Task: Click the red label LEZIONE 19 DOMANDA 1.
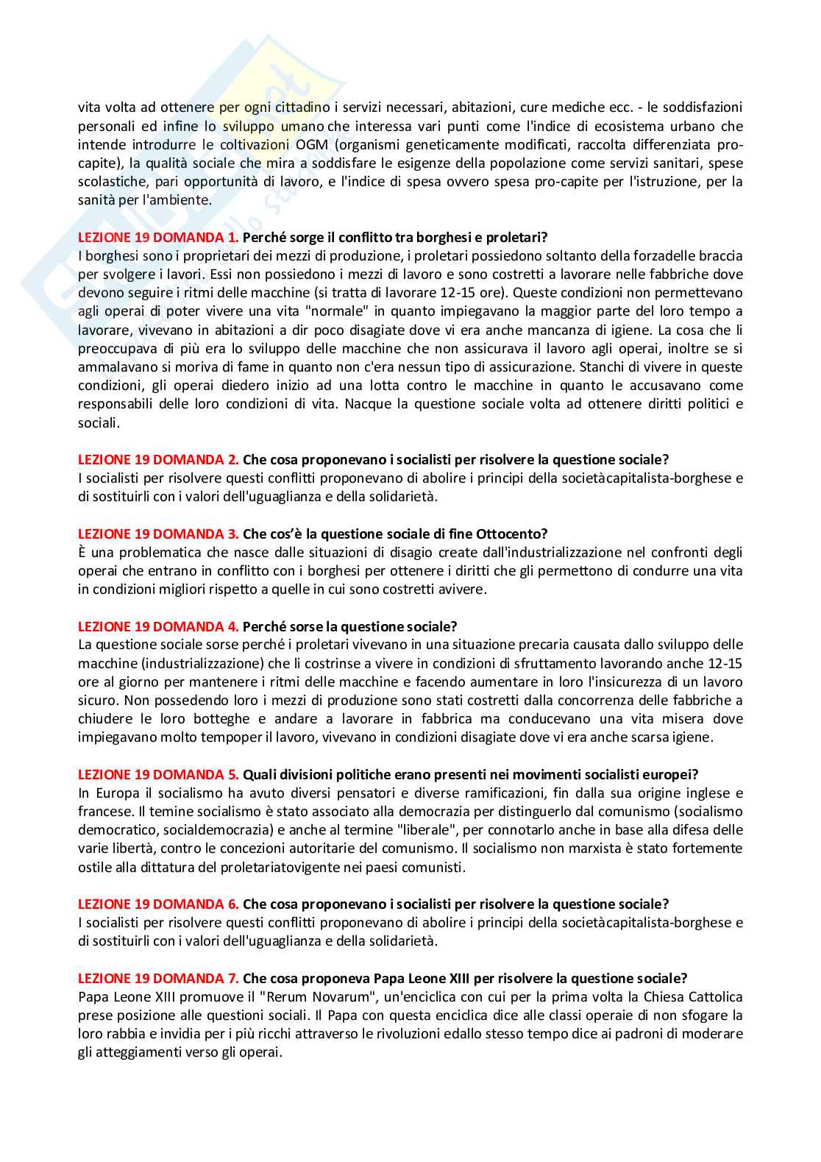tap(158, 237)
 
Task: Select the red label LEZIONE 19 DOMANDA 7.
tap(158, 978)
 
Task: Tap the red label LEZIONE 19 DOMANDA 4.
tap(158, 626)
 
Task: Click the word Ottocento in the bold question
tap(512, 534)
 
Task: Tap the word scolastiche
tap(110, 181)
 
